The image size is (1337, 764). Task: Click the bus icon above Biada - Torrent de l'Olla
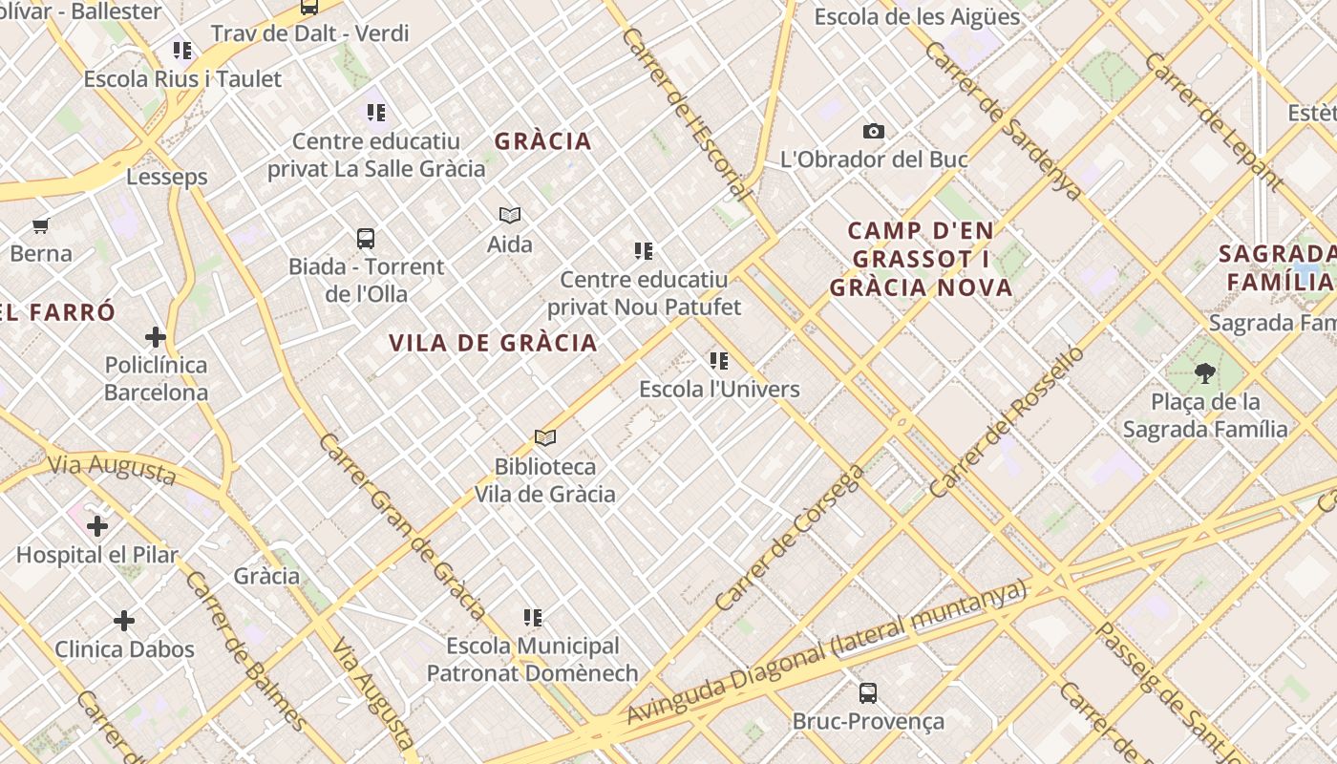(x=365, y=239)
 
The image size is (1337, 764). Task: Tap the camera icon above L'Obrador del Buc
(x=873, y=132)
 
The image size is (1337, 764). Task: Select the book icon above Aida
(x=510, y=216)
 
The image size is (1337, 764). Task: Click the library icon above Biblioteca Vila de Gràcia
(x=545, y=438)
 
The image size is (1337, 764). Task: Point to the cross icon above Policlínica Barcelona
(x=156, y=337)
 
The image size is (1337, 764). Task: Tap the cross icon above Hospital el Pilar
(x=97, y=526)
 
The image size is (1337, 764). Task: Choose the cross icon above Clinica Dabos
(x=124, y=622)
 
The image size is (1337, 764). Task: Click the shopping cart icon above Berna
(x=40, y=226)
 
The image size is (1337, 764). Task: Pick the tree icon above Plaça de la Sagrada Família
(x=1204, y=373)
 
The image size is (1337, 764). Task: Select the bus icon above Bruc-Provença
(x=867, y=693)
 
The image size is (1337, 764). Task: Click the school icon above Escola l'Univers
(x=719, y=361)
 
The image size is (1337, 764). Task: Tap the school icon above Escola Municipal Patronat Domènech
(x=533, y=618)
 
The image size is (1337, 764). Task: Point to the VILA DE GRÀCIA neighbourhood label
(x=493, y=343)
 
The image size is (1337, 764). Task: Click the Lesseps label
(x=167, y=177)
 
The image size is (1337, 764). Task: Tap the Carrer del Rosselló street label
(x=1007, y=421)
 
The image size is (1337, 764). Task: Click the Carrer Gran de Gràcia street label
(x=402, y=526)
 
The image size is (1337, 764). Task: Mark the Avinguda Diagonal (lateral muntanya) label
(x=825, y=653)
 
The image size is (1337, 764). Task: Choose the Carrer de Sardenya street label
(x=1004, y=120)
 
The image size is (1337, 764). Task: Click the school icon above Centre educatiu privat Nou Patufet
(x=644, y=251)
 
